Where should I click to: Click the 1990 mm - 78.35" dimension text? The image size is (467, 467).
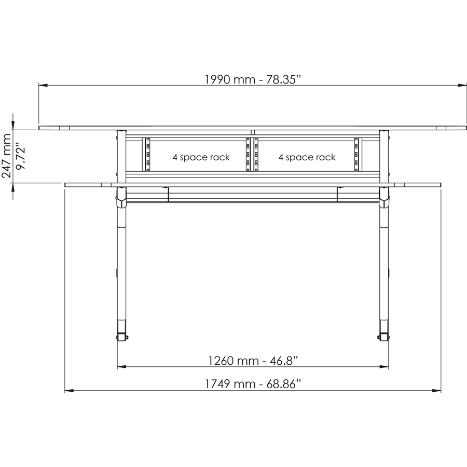(x=253, y=79)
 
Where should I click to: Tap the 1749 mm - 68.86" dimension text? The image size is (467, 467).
(x=253, y=384)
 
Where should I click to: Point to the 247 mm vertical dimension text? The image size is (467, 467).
(x=7, y=155)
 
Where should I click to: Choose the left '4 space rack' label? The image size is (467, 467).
(x=201, y=157)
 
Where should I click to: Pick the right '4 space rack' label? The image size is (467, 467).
(x=307, y=157)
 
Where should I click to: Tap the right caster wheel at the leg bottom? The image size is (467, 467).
(x=383, y=337)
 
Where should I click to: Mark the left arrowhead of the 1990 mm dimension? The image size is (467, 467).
(x=42, y=85)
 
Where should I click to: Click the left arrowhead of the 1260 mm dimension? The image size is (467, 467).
(x=121, y=367)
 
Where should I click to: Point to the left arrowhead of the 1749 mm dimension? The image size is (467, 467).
(x=68, y=390)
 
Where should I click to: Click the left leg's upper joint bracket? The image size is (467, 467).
(x=121, y=197)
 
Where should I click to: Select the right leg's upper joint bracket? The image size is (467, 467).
(x=384, y=197)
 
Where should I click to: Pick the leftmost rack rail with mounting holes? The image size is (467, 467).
(x=147, y=154)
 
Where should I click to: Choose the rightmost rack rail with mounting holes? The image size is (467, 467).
(x=356, y=154)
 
